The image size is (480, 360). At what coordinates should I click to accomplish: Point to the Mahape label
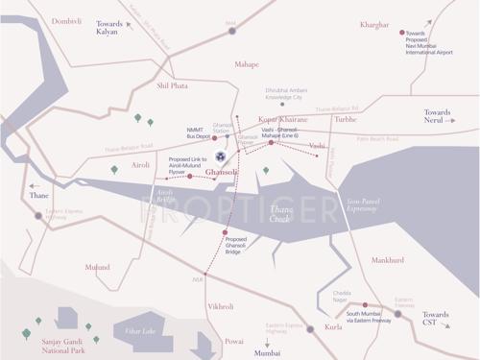(x=248, y=64)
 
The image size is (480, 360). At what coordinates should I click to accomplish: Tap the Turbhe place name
(x=346, y=119)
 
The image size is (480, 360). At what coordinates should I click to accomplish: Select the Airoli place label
(x=141, y=165)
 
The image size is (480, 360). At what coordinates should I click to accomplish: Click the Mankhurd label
(x=387, y=259)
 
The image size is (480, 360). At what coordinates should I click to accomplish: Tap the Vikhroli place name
(x=221, y=306)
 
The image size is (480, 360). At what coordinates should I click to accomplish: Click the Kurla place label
(x=333, y=327)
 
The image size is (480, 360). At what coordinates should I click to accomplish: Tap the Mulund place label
(x=97, y=267)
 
